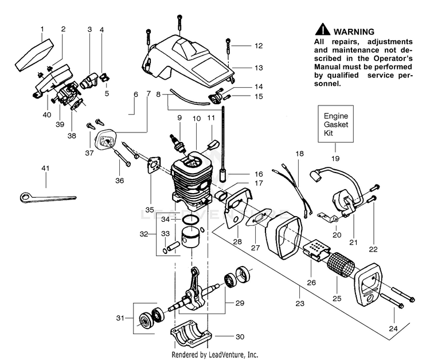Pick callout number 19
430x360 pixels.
(x=335, y=158)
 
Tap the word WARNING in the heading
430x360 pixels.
(x=354, y=32)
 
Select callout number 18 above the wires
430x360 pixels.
(x=299, y=154)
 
